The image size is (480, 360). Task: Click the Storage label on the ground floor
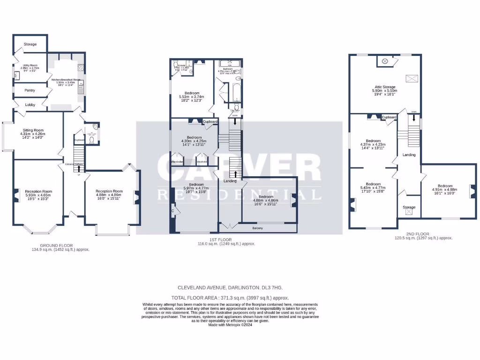pyautogui.click(x=30, y=44)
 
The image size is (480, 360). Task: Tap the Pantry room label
pyautogui.click(x=30, y=90)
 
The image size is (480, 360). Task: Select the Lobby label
pyautogui.click(x=30, y=105)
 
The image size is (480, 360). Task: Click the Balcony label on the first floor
pyautogui.click(x=257, y=228)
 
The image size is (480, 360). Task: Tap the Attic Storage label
pyautogui.click(x=384, y=87)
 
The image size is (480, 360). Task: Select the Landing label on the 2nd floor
pyautogui.click(x=409, y=154)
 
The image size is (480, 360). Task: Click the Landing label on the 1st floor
pyautogui.click(x=230, y=181)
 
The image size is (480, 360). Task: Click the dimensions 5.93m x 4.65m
pyautogui.click(x=38, y=195)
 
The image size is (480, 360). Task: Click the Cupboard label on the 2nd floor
pyautogui.click(x=390, y=117)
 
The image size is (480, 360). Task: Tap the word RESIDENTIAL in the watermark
pyautogui.click(x=239, y=195)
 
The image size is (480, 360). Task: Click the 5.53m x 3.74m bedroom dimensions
pyautogui.click(x=192, y=97)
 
